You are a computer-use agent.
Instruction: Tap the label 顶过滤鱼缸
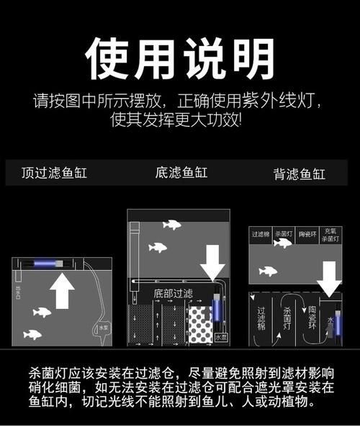(55, 173)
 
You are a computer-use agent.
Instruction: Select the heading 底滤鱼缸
(181, 173)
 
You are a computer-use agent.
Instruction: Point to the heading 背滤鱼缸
(299, 174)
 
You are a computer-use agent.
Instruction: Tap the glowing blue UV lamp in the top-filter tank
(54, 264)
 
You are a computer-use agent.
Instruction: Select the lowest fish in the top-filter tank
(32, 333)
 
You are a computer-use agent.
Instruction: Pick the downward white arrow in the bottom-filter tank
(212, 261)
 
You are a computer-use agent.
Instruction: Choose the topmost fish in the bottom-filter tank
(171, 225)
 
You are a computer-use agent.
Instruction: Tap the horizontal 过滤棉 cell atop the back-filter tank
(260, 234)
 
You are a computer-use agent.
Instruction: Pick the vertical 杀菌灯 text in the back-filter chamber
(287, 320)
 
